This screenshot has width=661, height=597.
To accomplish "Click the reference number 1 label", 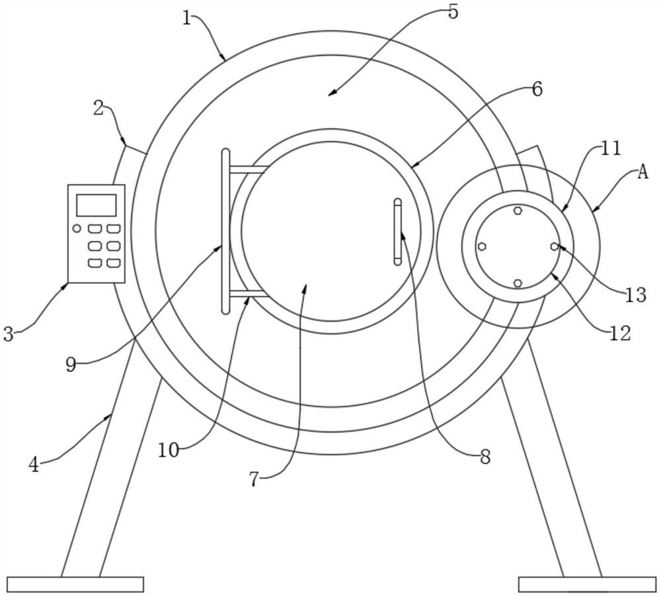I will [187, 18].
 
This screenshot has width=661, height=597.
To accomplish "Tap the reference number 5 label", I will [453, 12].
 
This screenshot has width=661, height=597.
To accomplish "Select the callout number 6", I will [537, 89].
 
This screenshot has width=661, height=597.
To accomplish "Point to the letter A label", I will [642, 172].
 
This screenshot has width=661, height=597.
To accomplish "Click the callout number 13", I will [635, 295].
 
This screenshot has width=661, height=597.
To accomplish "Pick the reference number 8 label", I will [485, 457].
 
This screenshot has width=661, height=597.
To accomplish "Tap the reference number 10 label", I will [169, 450].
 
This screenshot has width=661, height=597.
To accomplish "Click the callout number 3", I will [8, 334].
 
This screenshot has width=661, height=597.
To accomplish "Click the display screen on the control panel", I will [96, 205].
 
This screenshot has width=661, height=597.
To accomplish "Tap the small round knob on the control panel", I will [77, 229].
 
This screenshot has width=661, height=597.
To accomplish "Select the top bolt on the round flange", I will [518, 210].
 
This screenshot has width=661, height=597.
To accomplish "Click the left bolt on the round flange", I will [482, 246].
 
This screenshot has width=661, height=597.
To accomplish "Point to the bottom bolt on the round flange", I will [518, 283].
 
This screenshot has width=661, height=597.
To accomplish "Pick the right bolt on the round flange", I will [555, 246].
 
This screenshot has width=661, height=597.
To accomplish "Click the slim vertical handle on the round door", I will [397, 232].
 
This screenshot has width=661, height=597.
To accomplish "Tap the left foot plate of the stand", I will [75, 584].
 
